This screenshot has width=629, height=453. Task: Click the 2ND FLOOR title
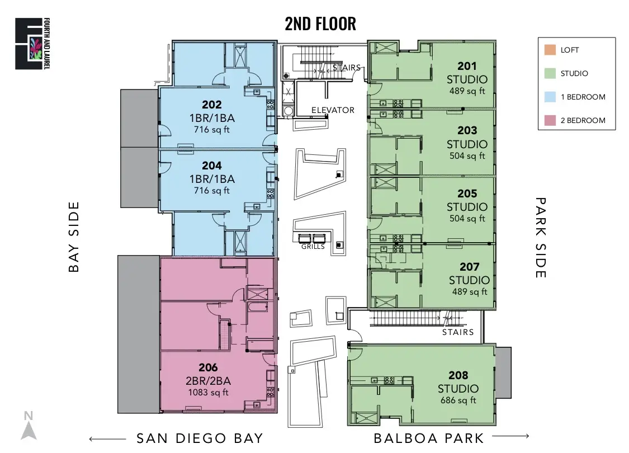pyautogui.click(x=320, y=23)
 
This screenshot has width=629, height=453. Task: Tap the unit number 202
pyautogui.click(x=212, y=105)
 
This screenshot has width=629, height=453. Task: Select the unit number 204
pyautogui.click(x=212, y=166)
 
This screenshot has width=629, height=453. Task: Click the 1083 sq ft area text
pyautogui.click(x=208, y=392)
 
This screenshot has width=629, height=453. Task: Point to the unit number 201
pyautogui.click(x=467, y=67)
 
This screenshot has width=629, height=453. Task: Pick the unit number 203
pyautogui.click(x=467, y=130)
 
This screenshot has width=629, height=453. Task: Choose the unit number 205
pyautogui.click(x=467, y=194)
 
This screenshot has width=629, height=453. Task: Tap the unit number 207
pyautogui.click(x=469, y=267)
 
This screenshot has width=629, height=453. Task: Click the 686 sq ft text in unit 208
pyautogui.click(x=458, y=400)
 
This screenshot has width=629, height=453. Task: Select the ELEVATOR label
pyautogui.click(x=333, y=110)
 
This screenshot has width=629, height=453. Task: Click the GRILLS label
pyautogui.click(x=313, y=247)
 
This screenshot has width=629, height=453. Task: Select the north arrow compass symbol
pyautogui.click(x=28, y=426)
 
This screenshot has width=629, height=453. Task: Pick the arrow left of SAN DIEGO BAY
pyautogui.click(x=107, y=438)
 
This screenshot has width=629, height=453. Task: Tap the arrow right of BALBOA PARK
pyautogui.click(x=510, y=436)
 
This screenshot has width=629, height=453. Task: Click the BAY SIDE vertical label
pyautogui.click(x=74, y=237)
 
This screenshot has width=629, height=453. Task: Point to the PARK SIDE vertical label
pyautogui.click(x=541, y=237)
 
